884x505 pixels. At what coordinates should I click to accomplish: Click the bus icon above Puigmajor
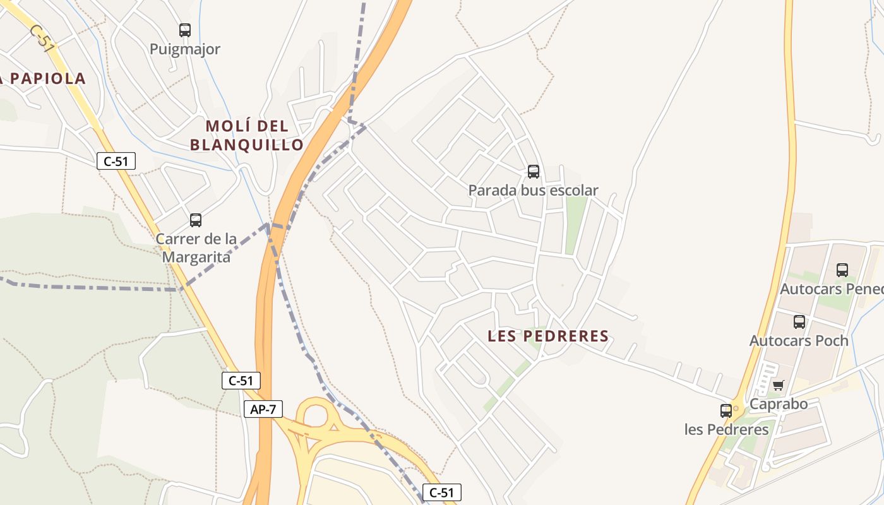coord(184,30)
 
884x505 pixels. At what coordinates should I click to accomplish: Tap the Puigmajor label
coord(184,49)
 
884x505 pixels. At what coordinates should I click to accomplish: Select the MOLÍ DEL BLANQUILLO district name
coord(247,135)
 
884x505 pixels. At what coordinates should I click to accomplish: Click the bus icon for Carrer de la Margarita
coord(196,220)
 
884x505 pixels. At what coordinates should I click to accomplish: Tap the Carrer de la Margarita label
coord(196,248)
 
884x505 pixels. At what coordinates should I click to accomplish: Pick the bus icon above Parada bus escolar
coord(534,171)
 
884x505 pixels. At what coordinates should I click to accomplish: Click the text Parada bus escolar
coord(534,190)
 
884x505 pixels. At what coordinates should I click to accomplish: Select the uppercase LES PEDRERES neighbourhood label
coord(548,336)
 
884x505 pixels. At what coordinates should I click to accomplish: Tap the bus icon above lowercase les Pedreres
coord(726,411)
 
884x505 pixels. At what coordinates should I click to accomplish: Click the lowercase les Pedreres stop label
coord(727,430)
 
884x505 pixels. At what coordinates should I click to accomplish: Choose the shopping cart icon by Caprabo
coord(778,385)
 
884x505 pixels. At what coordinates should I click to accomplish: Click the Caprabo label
coord(779,404)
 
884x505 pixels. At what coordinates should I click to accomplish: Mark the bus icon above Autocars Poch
coord(799,322)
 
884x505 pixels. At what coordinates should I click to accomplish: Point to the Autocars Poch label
coord(799,341)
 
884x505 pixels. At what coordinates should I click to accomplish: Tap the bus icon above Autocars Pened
coord(842,270)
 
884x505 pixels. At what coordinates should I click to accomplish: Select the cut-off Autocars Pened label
coord(832,289)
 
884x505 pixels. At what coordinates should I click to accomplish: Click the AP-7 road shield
coord(263,409)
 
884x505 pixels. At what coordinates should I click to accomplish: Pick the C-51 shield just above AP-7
coord(241,381)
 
